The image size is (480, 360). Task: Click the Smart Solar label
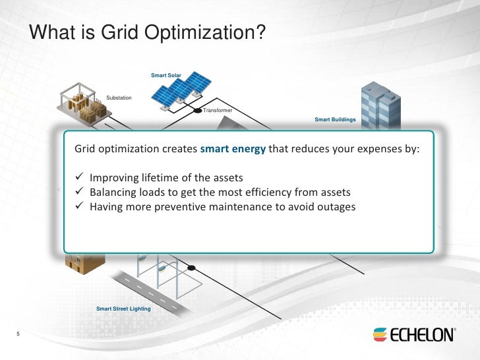165,76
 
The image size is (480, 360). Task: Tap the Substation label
119,98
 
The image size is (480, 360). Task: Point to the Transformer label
218,110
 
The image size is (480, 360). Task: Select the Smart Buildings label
335,120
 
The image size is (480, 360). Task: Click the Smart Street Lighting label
123,309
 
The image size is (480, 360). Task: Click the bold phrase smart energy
233,148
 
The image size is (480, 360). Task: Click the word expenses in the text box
362,148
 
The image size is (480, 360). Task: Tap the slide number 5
18,334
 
